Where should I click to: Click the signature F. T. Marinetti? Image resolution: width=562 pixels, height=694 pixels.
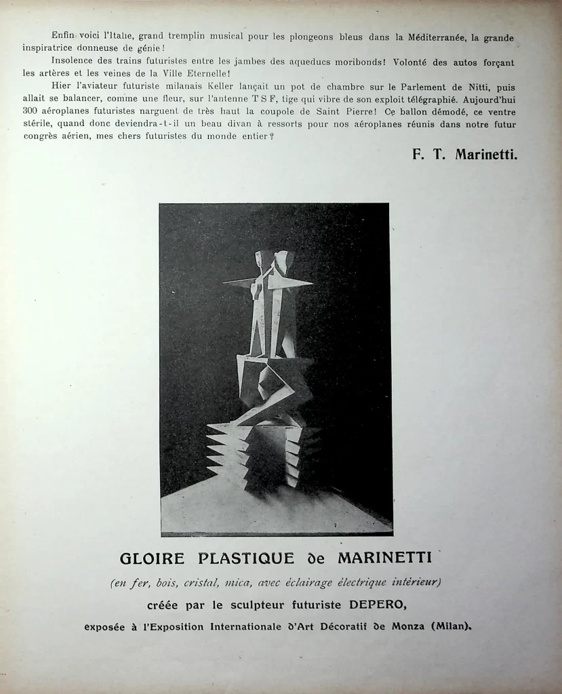coord(464,155)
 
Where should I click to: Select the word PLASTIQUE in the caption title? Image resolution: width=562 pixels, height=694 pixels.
coord(247,559)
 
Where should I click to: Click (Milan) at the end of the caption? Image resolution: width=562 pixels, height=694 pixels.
coord(451,627)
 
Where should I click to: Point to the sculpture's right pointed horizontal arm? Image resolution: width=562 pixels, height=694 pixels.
coord(296,283)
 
